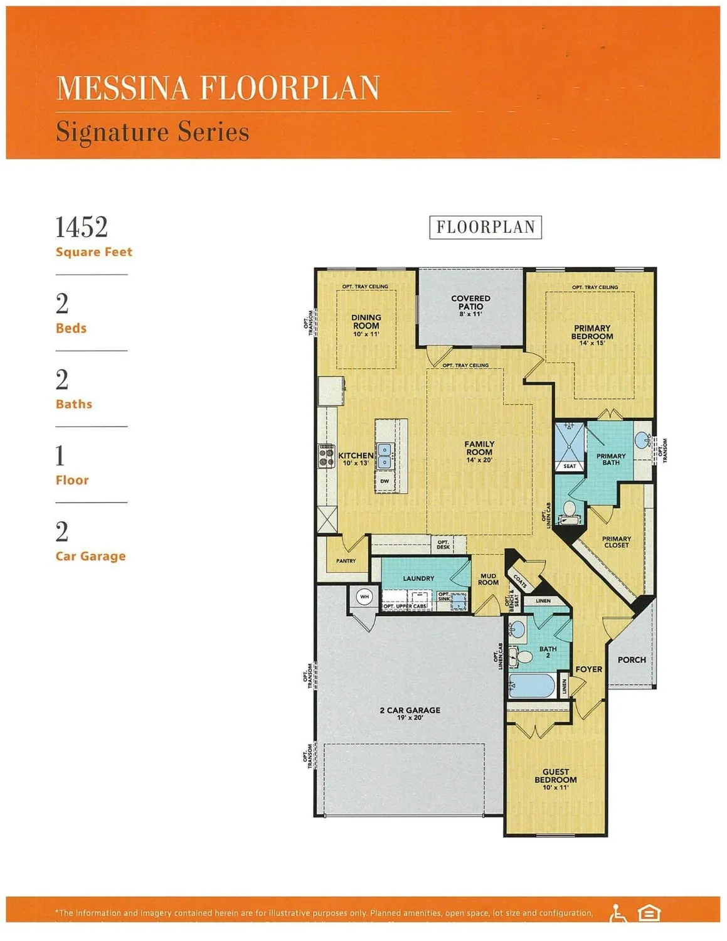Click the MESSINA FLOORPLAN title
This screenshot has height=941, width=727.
click(218, 88)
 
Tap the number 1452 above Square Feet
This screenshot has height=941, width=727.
click(82, 227)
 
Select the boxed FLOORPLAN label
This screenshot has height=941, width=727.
click(486, 227)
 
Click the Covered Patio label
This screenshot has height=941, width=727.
click(470, 305)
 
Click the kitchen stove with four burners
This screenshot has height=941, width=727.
click(326, 456)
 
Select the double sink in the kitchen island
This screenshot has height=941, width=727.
click(385, 456)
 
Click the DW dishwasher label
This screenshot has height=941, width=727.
click(385, 481)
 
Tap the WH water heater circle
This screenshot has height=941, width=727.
click(364, 597)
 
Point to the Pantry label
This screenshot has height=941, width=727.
click(346, 561)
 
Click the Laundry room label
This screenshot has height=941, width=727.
click(418, 578)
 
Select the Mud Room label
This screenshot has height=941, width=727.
click(488, 579)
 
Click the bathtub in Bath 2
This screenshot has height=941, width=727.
click(531, 686)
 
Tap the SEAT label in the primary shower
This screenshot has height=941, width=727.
click(570, 466)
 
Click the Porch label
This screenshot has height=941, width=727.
click(631, 660)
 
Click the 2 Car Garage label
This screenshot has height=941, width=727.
click(410, 713)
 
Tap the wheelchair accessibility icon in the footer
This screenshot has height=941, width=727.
click(617, 913)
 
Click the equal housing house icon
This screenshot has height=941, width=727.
click(649, 913)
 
